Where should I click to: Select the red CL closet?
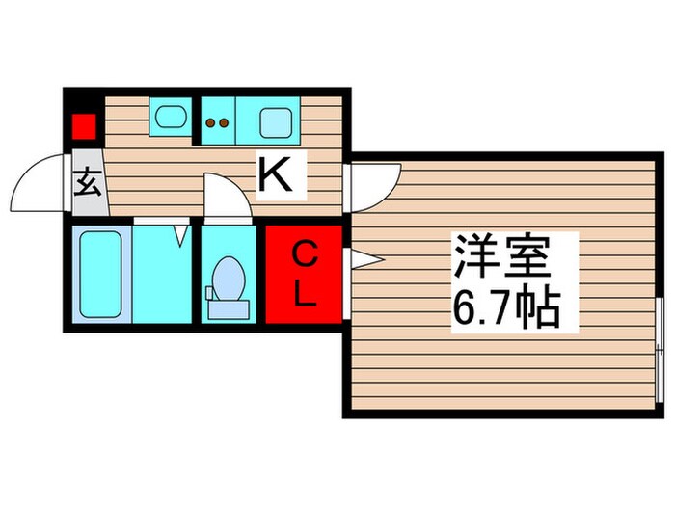tap(304, 274)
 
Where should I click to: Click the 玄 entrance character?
tap(88, 182)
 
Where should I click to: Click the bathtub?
tap(100, 274)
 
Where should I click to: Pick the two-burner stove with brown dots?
tap(218, 121)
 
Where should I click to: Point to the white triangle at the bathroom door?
tap(180, 234)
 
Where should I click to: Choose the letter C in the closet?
tap(304, 254)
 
